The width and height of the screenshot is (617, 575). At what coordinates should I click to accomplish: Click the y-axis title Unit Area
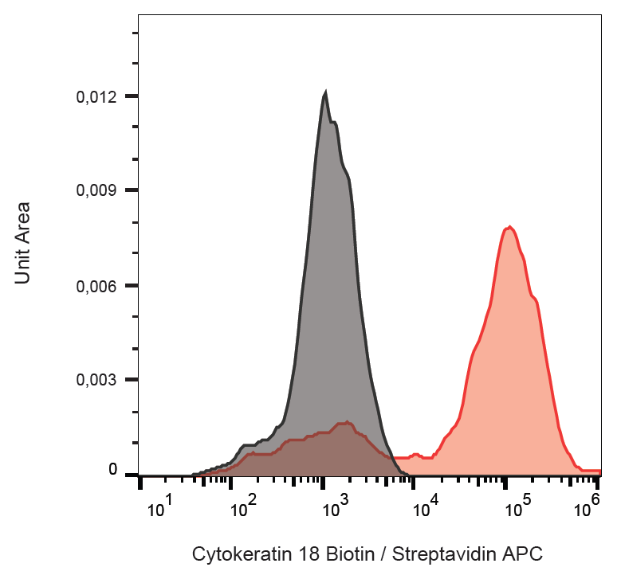23,243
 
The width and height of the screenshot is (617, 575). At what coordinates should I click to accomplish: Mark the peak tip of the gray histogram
325,93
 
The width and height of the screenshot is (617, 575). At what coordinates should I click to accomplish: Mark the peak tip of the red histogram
509,227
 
